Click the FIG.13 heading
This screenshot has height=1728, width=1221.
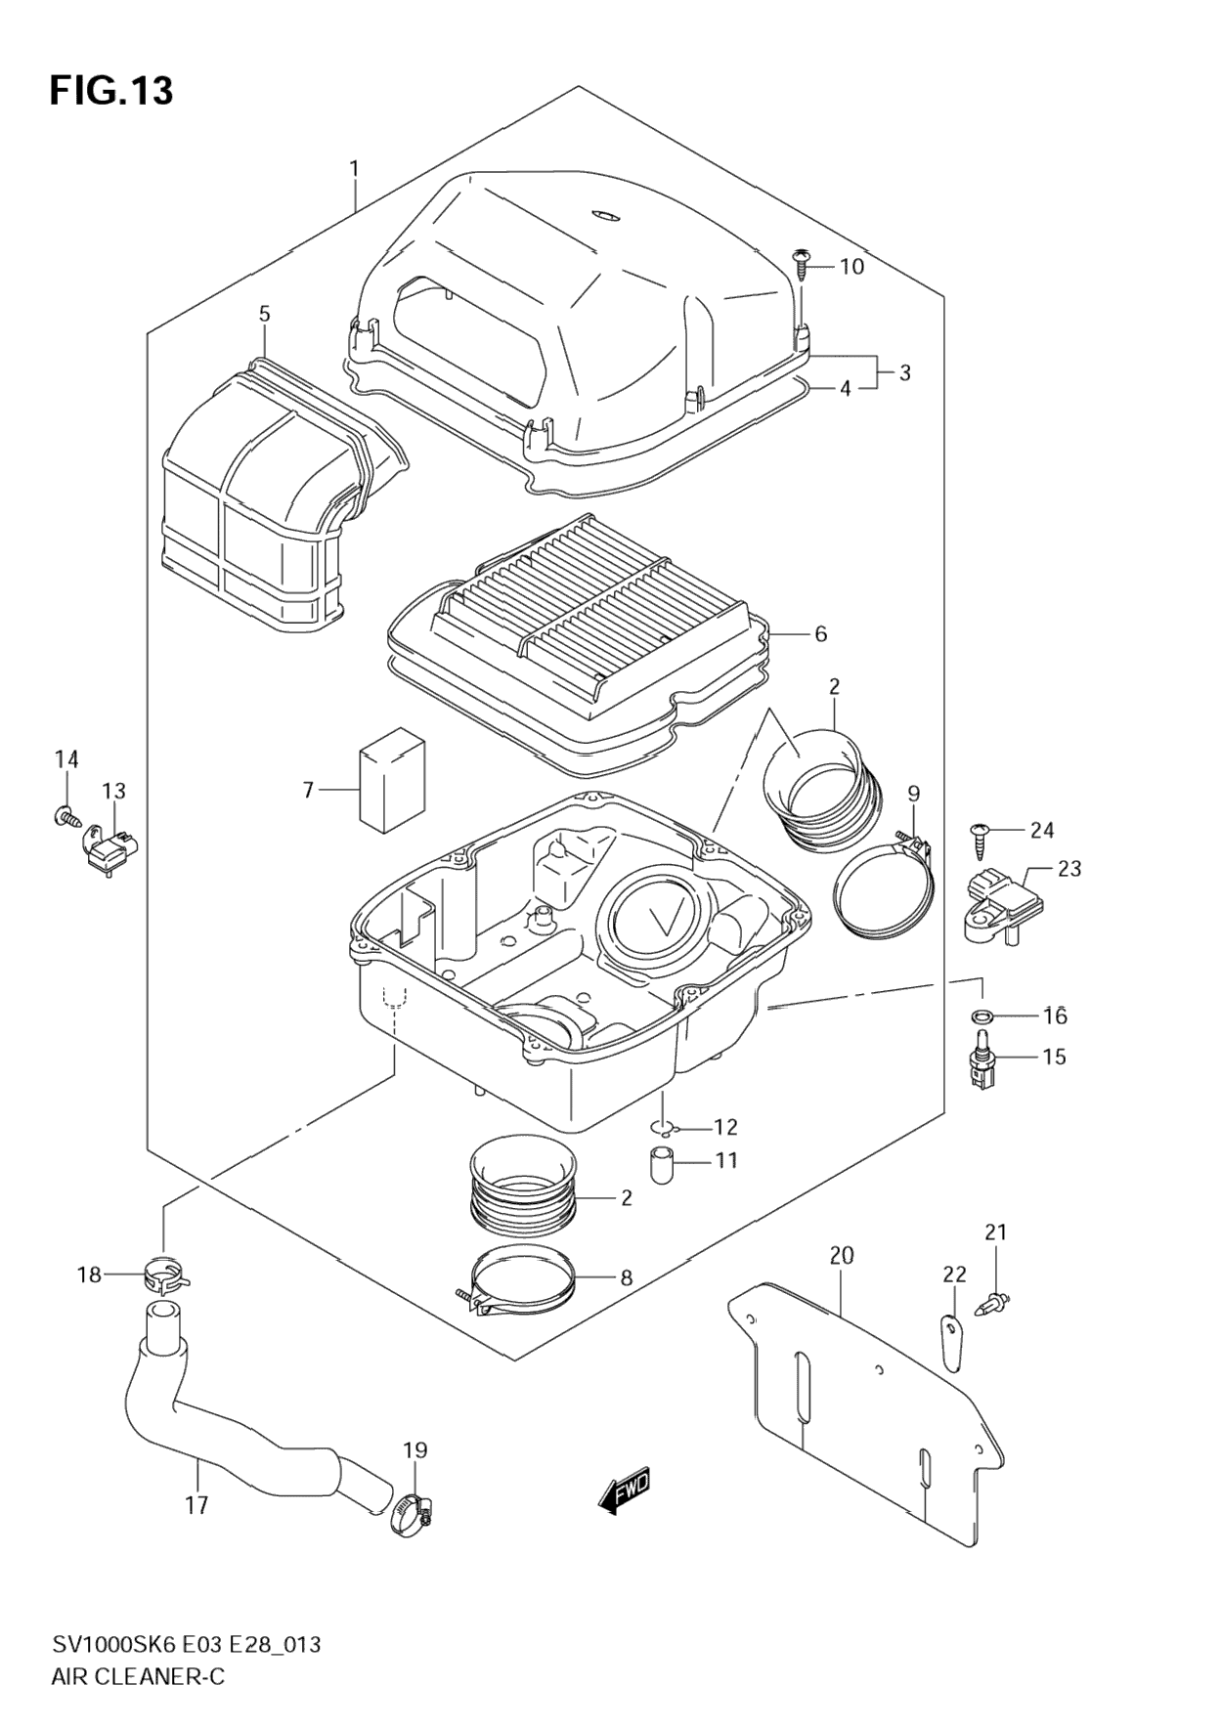click(x=111, y=91)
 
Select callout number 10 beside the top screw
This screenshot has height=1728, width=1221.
click(x=851, y=266)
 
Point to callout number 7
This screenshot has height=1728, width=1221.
click(x=308, y=789)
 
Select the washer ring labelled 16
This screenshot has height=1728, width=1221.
click(x=983, y=1015)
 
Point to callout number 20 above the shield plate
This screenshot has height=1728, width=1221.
click(x=841, y=1255)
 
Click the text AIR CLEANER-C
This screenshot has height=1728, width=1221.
click(x=137, y=1676)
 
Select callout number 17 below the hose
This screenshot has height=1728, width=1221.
click(x=196, y=1505)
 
